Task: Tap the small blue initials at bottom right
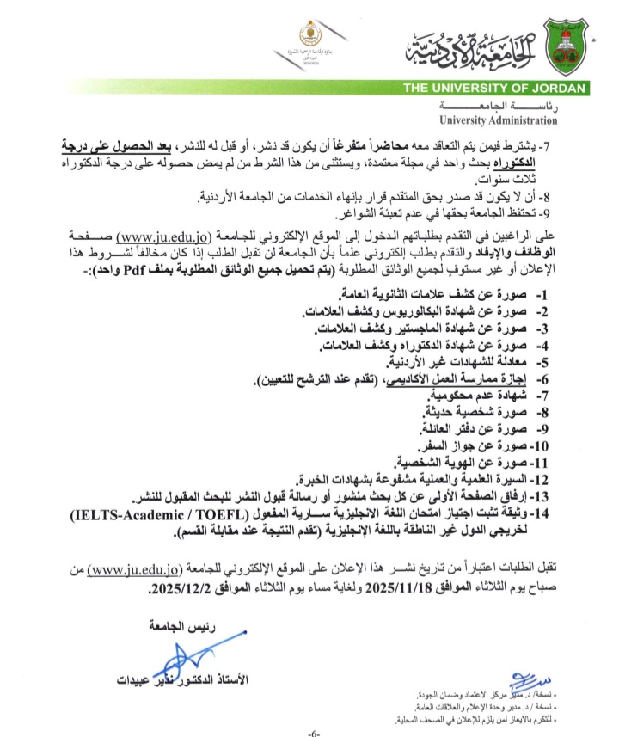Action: [527, 674]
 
